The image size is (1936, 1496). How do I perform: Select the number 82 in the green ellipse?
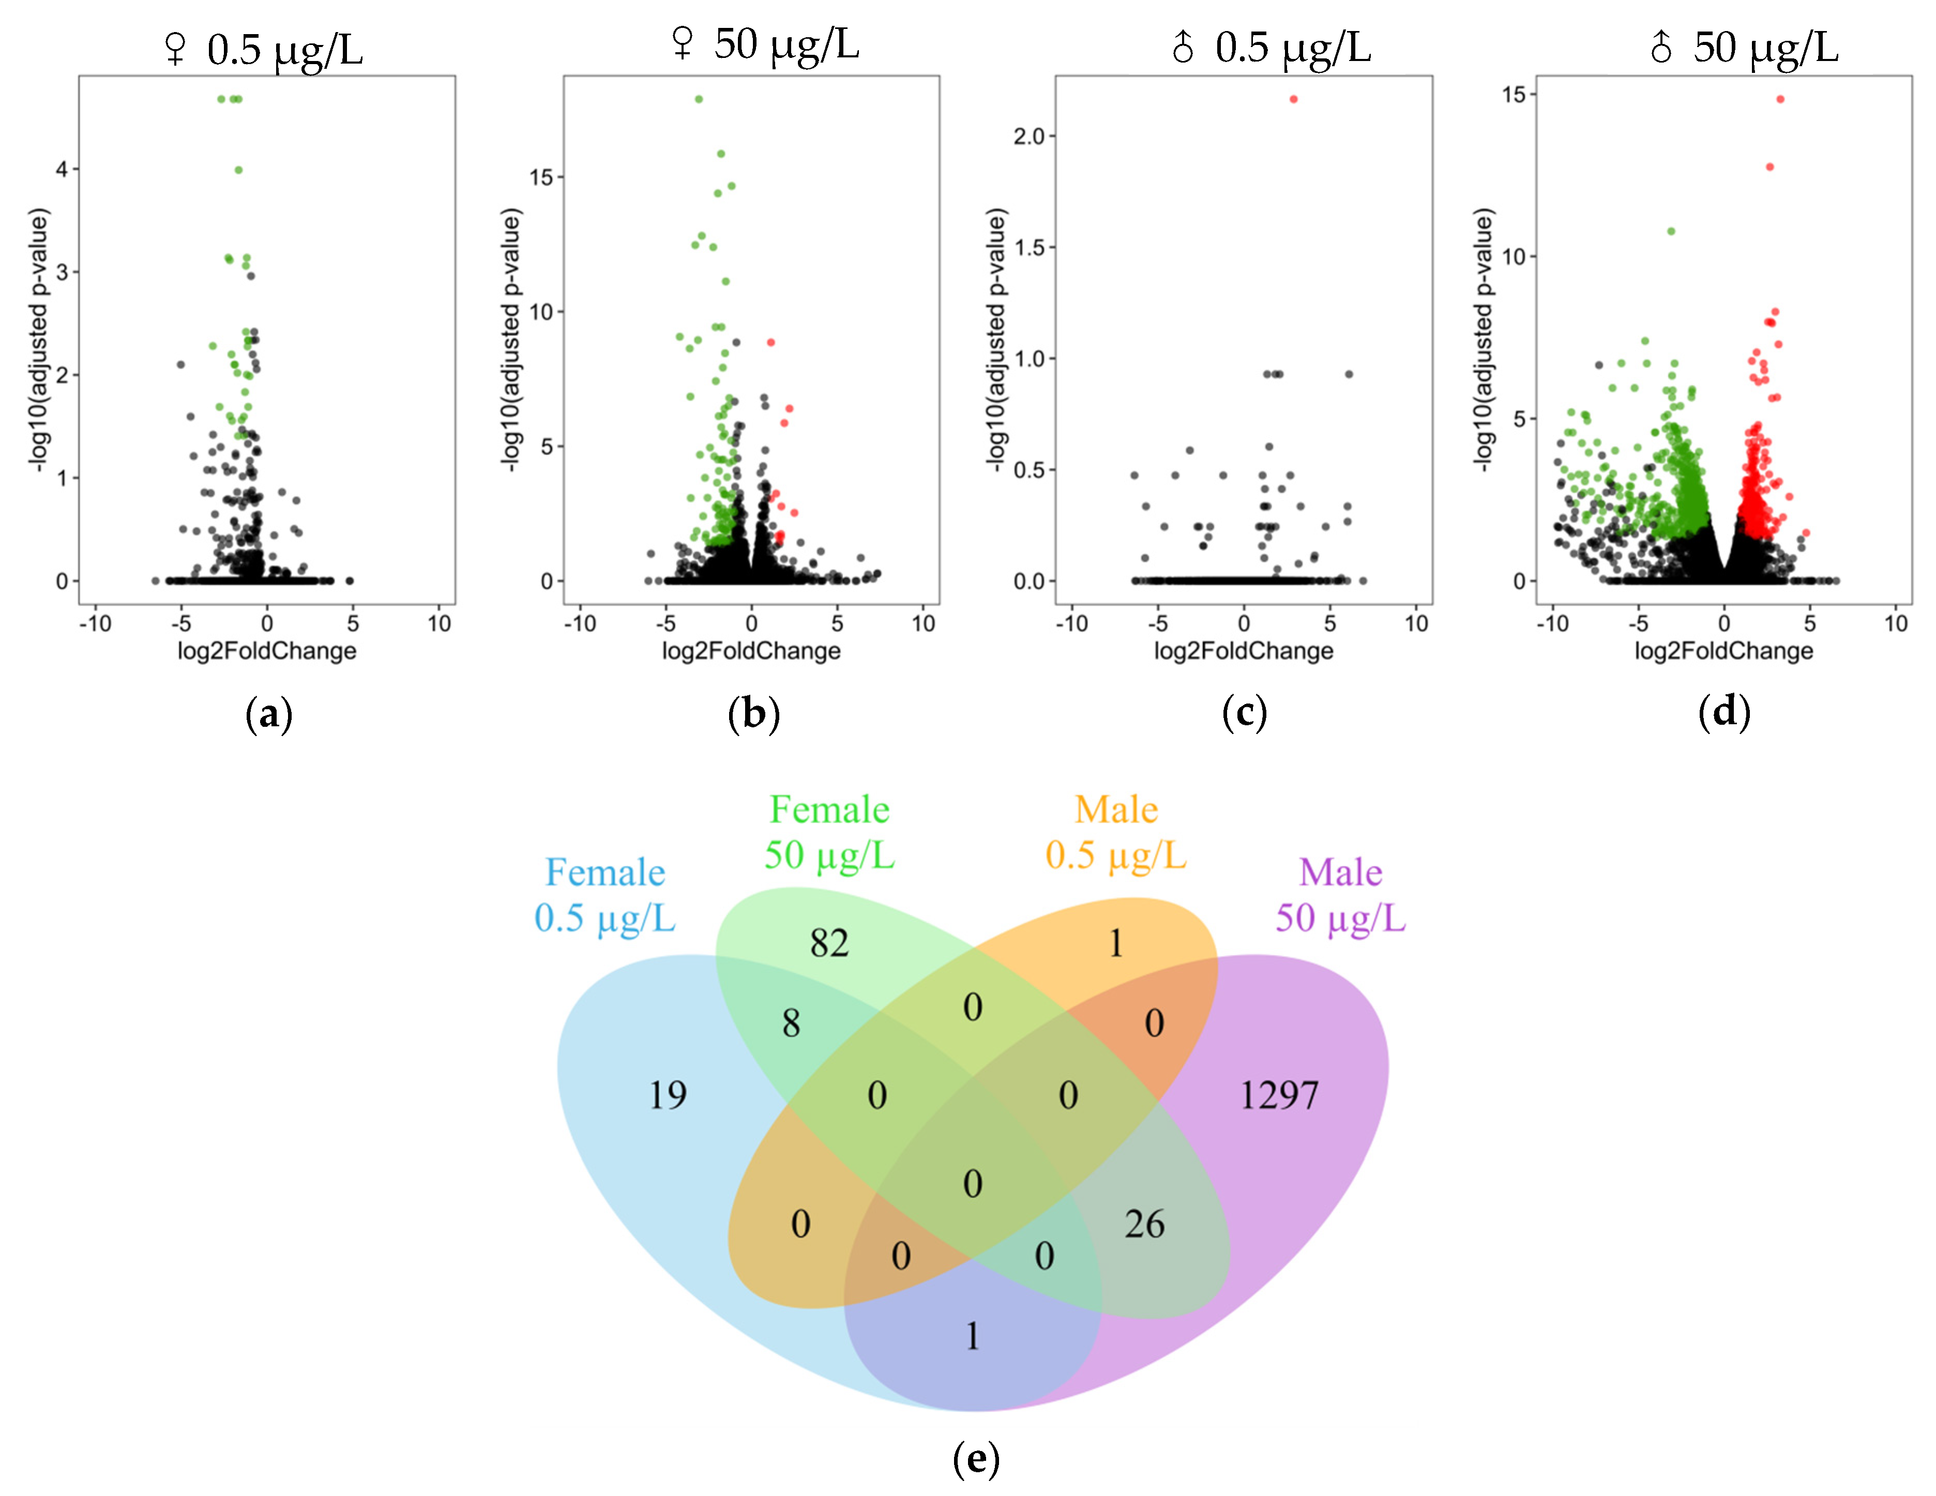click(829, 943)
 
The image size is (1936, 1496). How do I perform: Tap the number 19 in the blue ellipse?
click(668, 1095)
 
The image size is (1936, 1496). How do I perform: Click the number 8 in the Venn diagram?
click(791, 1024)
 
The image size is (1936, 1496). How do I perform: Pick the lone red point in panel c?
click(1293, 99)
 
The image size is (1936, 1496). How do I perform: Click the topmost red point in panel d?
click(1780, 99)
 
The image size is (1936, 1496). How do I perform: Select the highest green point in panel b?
click(699, 99)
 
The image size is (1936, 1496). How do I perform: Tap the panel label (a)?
click(268, 714)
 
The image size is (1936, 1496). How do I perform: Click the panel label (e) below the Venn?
click(975, 1458)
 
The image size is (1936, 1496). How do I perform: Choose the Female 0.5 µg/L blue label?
click(604, 895)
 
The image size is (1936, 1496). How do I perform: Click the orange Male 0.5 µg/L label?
click(1115, 832)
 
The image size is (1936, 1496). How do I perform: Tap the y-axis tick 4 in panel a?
click(62, 169)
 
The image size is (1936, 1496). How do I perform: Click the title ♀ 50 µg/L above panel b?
click(765, 44)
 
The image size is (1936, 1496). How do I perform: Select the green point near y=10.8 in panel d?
click(1671, 231)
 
